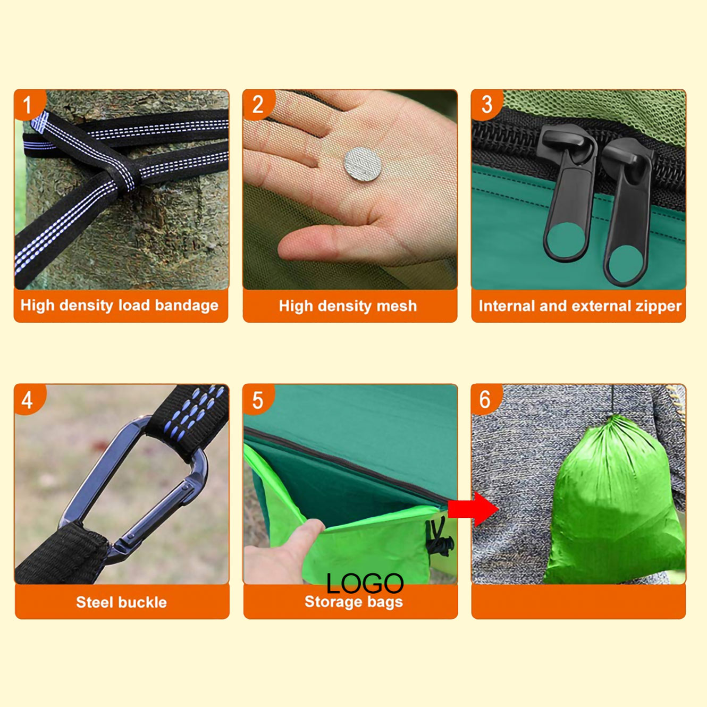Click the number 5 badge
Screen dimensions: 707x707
[x=258, y=399]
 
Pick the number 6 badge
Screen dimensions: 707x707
[x=486, y=399]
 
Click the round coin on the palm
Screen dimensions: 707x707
[x=363, y=164]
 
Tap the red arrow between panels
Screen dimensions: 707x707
[x=473, y=509]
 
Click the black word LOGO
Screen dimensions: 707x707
[x=365, y=583]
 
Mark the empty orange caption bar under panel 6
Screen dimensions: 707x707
[x=578, y=602]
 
